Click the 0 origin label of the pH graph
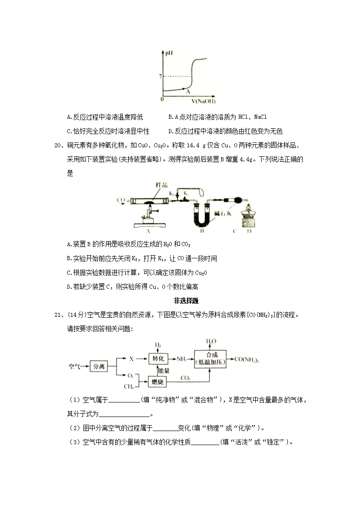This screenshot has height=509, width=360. (x=162, y=99)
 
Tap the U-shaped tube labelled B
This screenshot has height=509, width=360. (x=201, y=218)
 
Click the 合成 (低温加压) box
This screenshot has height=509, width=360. (x=210, y=359)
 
